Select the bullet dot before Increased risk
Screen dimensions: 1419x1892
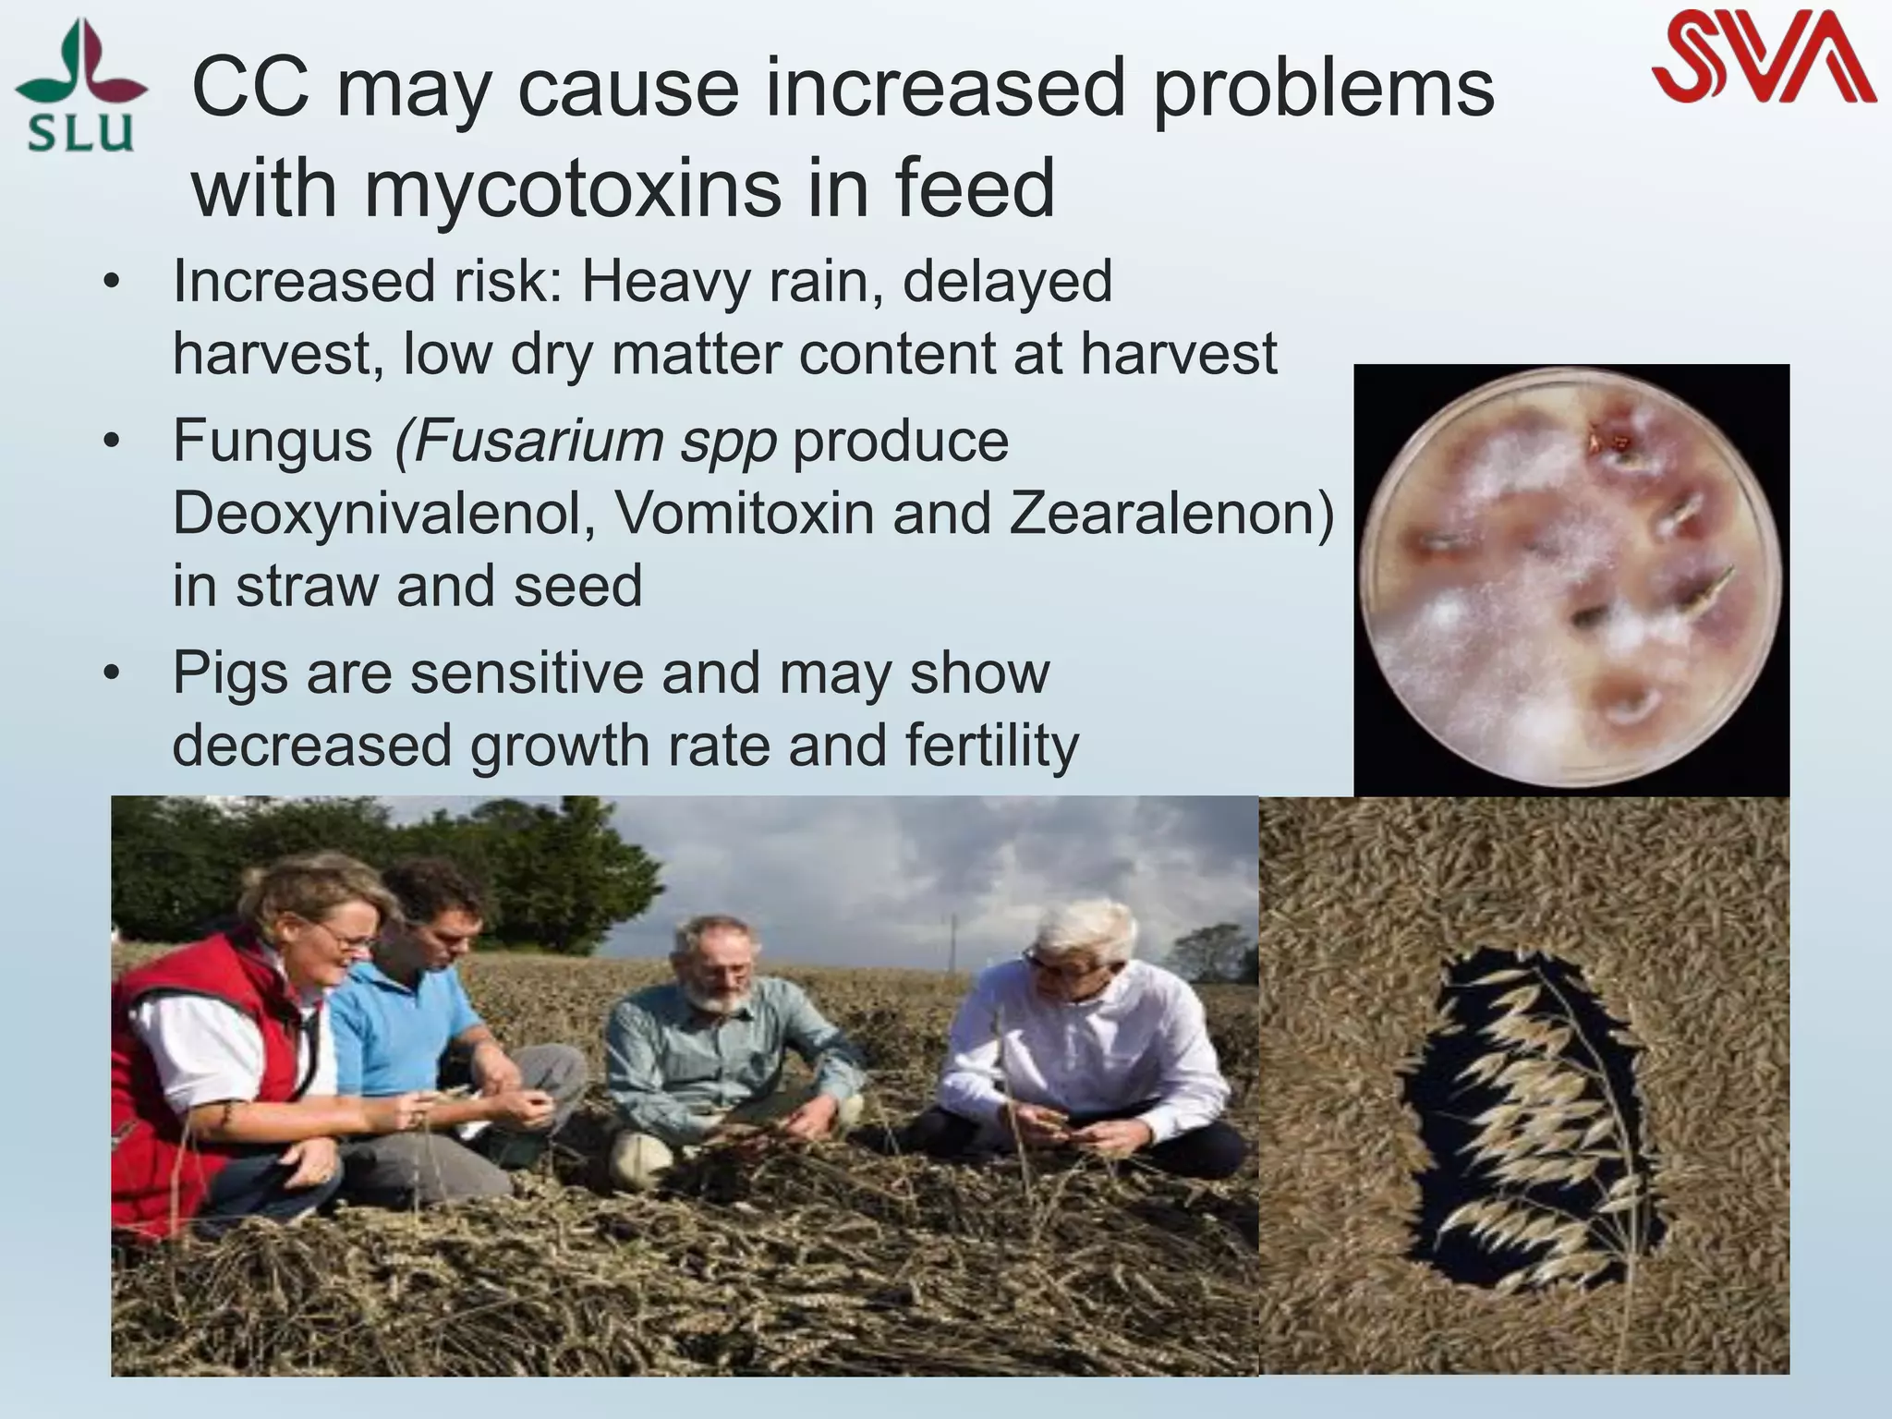coord(112,283)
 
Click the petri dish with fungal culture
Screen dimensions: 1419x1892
coord(1571,577)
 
